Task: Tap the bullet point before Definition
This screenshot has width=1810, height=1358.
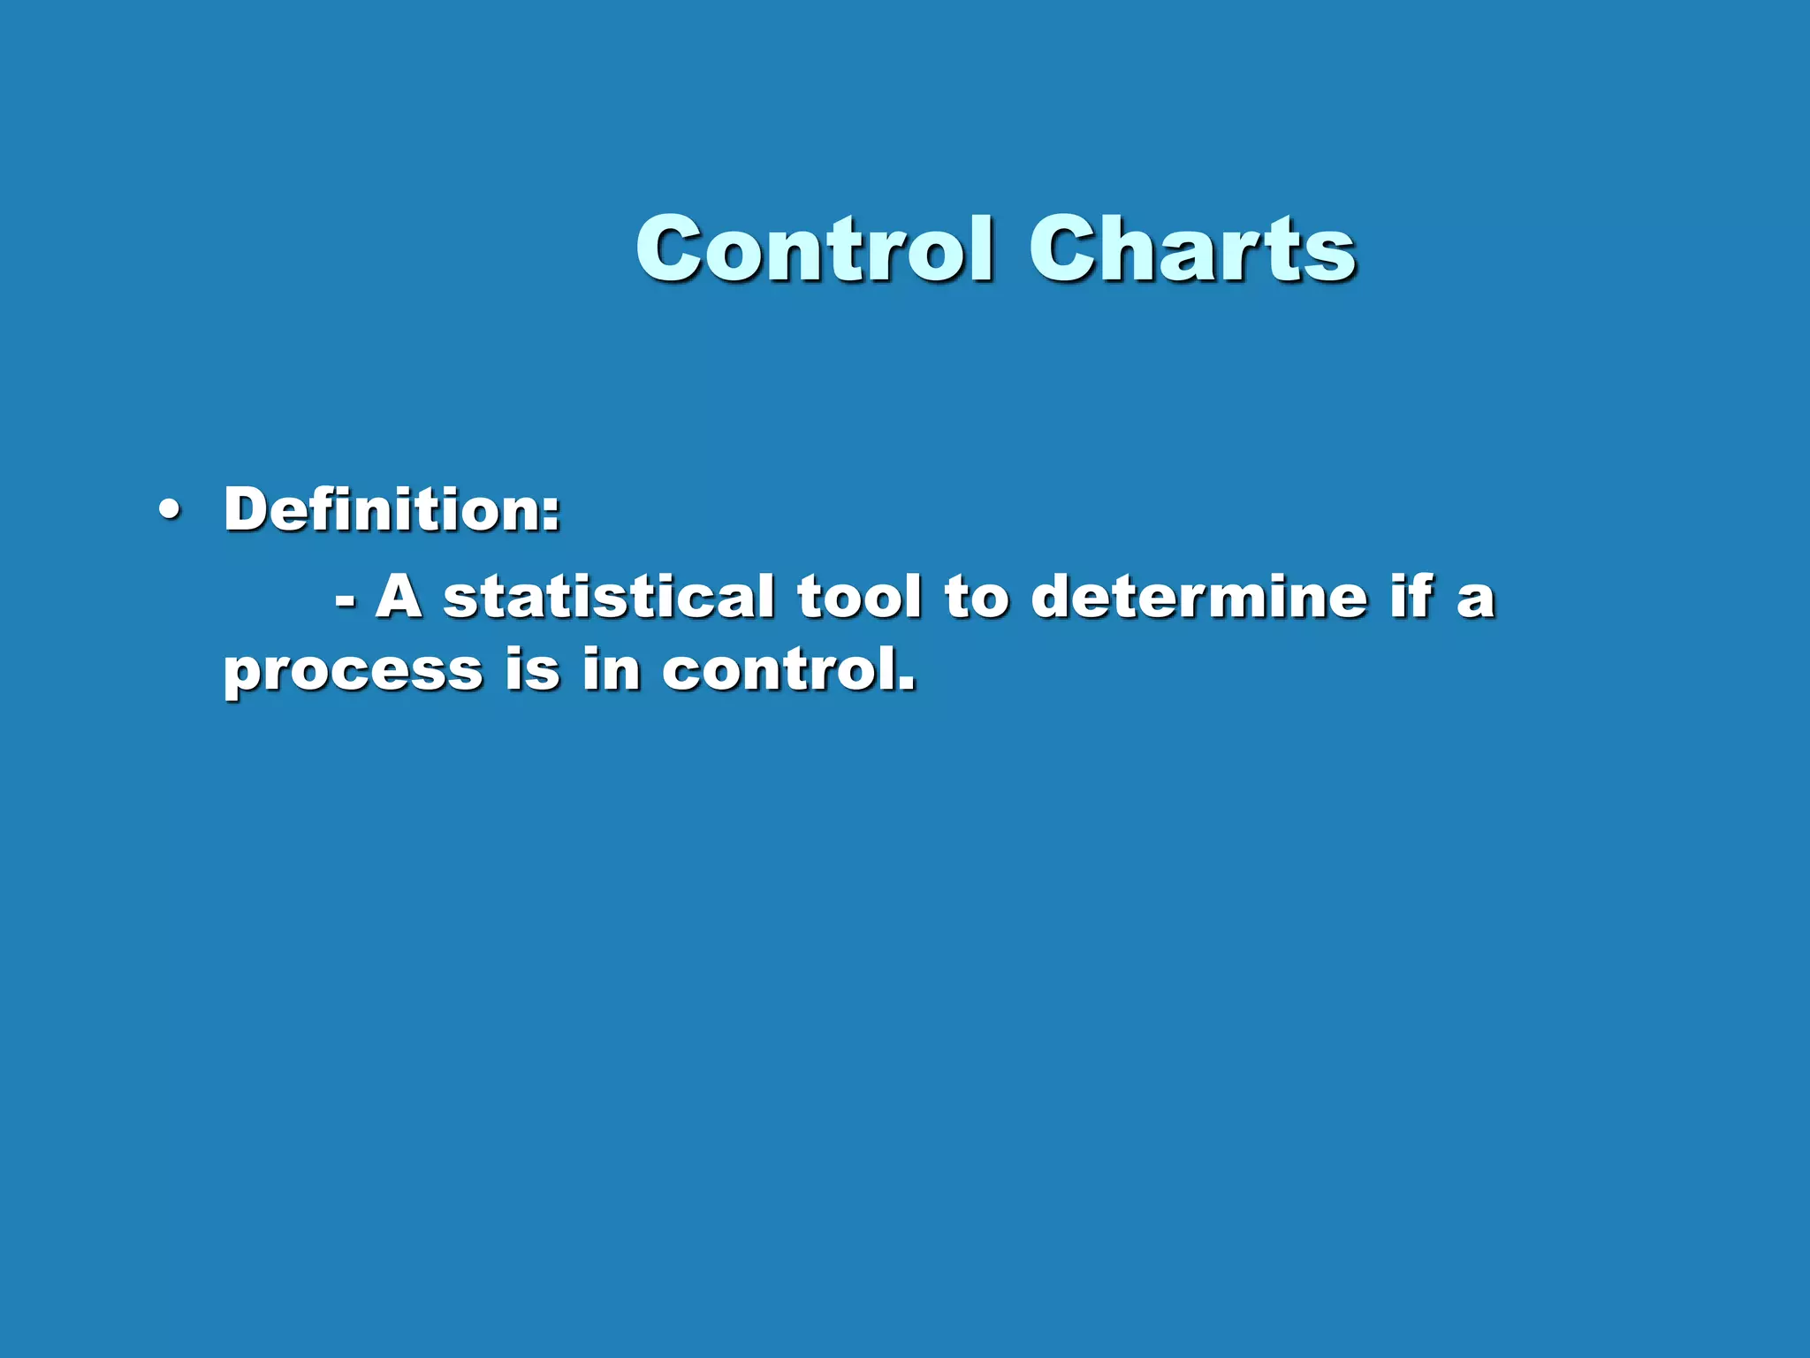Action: coord(168,511)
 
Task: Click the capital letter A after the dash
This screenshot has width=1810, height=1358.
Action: coord(399,597)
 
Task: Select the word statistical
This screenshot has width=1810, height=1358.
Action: coord(609,597)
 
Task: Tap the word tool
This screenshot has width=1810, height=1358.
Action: coord(859,597)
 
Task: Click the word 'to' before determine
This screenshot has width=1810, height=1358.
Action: coord(977,597)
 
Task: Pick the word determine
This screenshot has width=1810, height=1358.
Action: coord(1198,597)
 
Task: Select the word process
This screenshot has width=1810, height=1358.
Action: coord(353,672)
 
